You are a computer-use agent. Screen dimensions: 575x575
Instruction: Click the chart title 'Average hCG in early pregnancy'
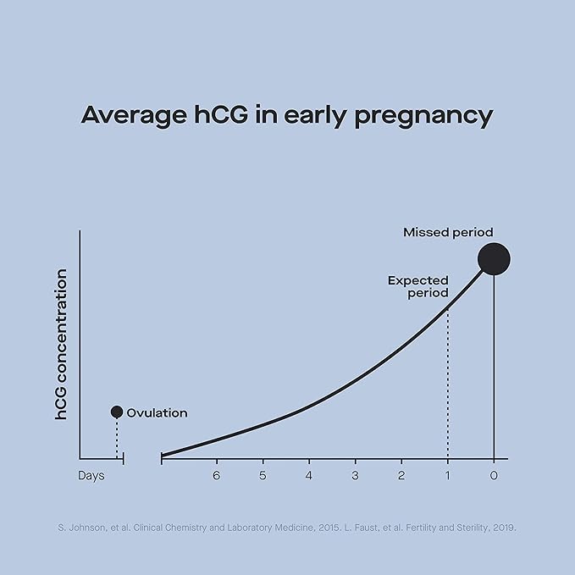click(x=287, y=115)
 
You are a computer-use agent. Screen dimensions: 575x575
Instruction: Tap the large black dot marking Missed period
click(x=494, y=259)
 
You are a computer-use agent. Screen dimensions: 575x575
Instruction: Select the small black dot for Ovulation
click(x=117, y=412)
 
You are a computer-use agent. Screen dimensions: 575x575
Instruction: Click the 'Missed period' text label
click(x=447, y=232)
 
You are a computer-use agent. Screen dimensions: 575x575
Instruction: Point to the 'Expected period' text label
click(x=418, y=286)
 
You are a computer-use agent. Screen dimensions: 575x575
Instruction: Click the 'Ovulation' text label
click(x=157, y=412)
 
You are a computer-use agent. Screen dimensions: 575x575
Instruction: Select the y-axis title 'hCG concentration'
click(x=62, y=345)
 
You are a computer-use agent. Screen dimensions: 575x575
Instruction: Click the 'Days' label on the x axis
click(x=91, y=476)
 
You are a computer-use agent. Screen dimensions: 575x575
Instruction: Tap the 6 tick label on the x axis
click(x=217, y=476)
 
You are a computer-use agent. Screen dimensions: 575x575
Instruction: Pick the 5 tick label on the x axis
click(x=263, y=476)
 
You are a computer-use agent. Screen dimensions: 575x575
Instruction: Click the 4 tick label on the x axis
click(x=309, y=476)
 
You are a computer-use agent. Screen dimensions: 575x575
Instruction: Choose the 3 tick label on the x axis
click(x=355, y=476)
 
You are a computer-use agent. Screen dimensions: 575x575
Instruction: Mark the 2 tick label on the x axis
click(x=401, y=476)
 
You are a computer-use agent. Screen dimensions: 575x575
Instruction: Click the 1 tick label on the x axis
click(x=447, y=476)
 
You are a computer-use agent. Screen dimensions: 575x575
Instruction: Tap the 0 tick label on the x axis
click(x=494, y=476)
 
